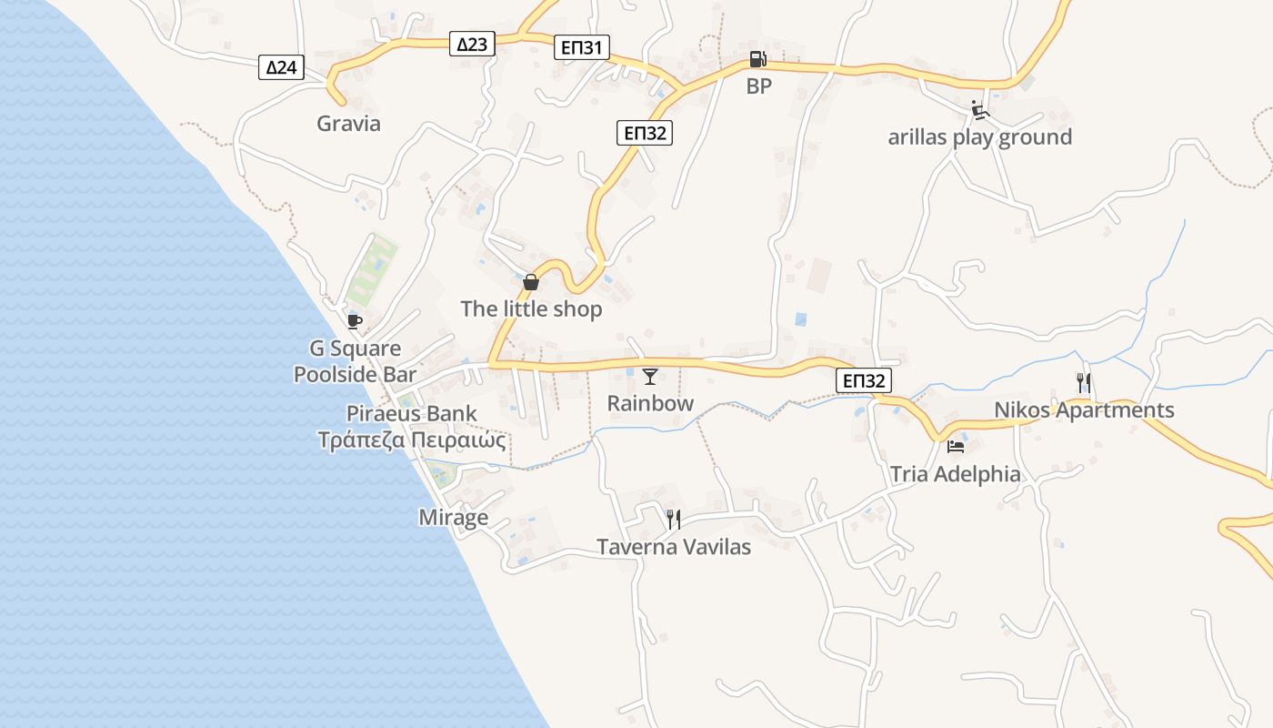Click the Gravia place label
pyautogui.click(x=348, y=124)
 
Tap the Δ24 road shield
pyautogui.click(x=281, y=66)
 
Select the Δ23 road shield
pyautogui.click(x=472, y=43)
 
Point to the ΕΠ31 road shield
pyautogui.click(x=581, y=47)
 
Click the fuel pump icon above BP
pyautogui.click(x=757, y=60)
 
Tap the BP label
pyautogui.click(x=758, y=86)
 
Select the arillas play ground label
pyautogui.click(x=979, y=137)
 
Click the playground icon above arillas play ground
pyautogui.click(x=979, y=111)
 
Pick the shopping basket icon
pyautogui.click(x=531, y=282)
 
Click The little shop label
pyautogui.click(x=531, y=309)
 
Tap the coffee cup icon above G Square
pyautogui.click(x=354, y=321)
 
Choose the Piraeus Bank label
pyautogui.click(x=411, y=414)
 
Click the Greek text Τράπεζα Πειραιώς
pyautogui.click(x=411, y=440)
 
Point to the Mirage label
pyautogui.click(x=453, y=518)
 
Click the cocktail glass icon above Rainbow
pyautogui.click(x=650, y=377)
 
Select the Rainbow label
pyautogui.click(x=650, y=403)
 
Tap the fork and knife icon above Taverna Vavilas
pyautogui.click(x=674, y=520)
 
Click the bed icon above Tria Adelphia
pyautogui.click(x=955, y=447)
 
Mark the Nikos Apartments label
pyautogui.click(x=1084, y=410)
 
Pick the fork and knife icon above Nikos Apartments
pyautogui.click(x=1083, y=382)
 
